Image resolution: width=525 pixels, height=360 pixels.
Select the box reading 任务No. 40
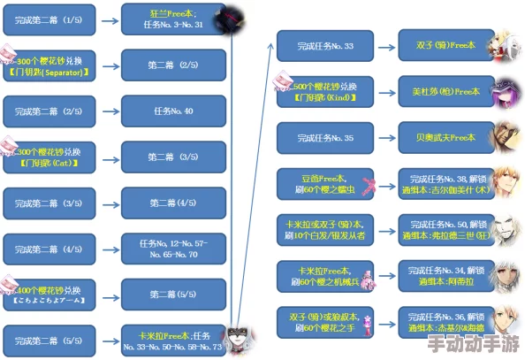174,111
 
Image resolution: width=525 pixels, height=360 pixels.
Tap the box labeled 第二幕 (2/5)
174,65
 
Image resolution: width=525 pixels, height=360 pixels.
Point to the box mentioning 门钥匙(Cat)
54,157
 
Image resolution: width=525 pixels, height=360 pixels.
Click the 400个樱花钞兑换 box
54,295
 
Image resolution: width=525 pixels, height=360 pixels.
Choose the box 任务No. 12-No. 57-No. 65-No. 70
174,249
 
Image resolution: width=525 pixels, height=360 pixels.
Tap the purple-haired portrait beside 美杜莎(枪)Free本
504,90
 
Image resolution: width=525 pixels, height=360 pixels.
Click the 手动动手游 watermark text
474,343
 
